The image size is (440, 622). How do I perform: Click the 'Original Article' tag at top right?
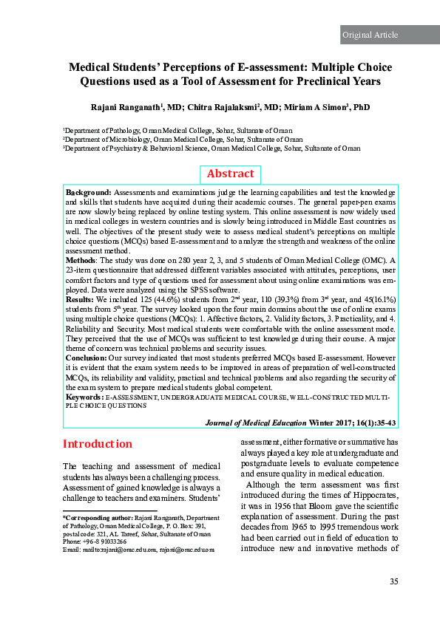(x=369, y=35)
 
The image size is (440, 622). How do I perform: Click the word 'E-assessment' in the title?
(x=286, y=66)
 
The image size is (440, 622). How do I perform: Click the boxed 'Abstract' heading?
(x=230, y=174)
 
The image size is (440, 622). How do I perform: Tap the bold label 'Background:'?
(x=89, y=192)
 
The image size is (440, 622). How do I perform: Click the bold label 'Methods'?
(x=80, y=259)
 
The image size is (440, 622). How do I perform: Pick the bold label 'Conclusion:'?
(x=86, y=356)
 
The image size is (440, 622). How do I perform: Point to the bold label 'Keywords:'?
(x=84, y=397)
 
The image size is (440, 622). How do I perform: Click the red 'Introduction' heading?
(x=98, y=445)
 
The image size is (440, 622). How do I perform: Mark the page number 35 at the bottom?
(x=393, y=582)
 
